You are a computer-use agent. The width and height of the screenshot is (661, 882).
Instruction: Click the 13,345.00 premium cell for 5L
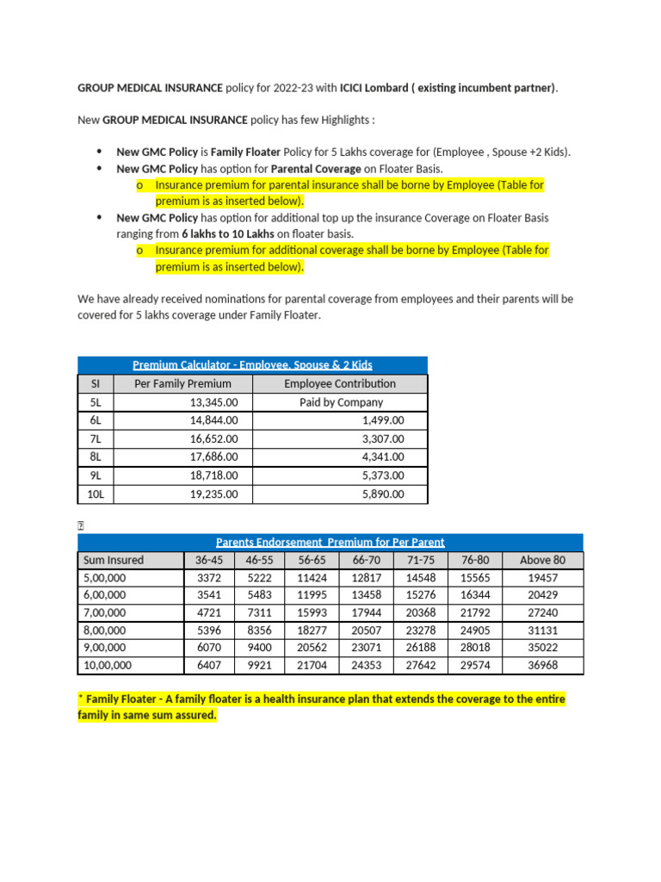(x=213, y=402)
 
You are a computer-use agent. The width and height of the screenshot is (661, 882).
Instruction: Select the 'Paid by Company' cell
(x=341, y=402)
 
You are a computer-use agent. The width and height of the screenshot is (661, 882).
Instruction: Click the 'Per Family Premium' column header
(x=182, y=384)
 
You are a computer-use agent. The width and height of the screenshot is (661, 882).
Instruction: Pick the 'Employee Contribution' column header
(x=340, y=384)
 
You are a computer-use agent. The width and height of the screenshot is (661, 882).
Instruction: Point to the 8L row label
(x=96, y=457)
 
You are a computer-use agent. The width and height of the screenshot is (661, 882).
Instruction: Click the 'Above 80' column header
(x=542, y=560)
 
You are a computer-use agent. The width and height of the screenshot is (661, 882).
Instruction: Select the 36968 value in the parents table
(x=542, y=665)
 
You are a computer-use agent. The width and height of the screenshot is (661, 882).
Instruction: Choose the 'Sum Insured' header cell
(x=114, y=560)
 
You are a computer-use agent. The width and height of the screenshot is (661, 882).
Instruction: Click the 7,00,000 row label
(x=104, y=612)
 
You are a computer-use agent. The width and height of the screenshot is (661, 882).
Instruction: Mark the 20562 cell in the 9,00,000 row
(x=312, y=648)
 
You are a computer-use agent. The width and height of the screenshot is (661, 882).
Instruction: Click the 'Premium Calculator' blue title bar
(x=252, y=365)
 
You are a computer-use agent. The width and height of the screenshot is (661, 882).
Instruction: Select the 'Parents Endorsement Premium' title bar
(x=330, y=542)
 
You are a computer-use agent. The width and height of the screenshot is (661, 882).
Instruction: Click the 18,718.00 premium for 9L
(x=213, y=475)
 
